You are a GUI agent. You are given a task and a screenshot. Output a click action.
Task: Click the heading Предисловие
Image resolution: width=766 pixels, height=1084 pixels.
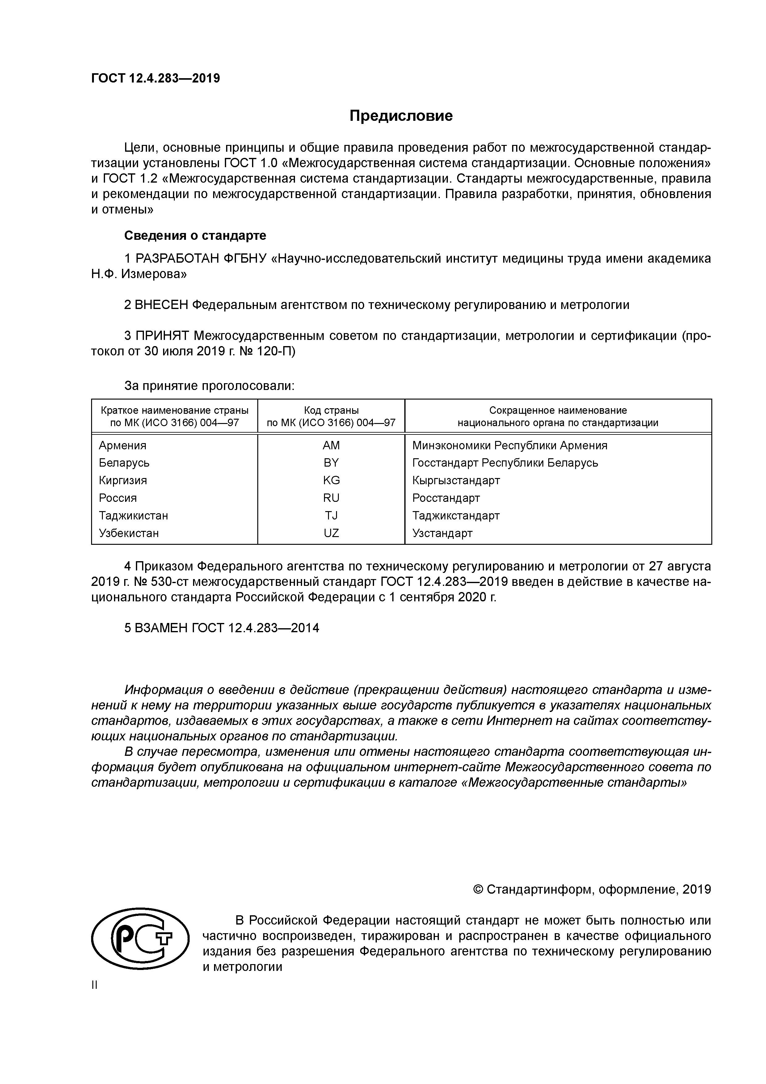(x=401, y=116)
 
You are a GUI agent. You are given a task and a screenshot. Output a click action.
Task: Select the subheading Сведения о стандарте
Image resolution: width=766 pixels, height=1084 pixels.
(x=195, y=235)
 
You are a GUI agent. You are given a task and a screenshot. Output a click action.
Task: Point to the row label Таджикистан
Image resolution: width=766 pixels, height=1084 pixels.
(x=133, y=515)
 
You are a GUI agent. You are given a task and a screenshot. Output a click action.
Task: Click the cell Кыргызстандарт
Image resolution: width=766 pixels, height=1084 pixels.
(x=456, y=480)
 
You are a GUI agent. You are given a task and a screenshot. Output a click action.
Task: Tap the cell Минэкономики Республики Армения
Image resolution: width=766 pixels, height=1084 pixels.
(x=509, y=445)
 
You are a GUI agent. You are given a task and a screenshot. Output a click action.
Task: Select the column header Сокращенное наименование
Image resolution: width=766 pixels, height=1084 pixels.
(x=558, y=410)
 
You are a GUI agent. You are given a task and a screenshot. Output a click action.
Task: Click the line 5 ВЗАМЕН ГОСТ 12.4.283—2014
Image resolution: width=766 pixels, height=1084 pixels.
(x=221, y=628)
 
